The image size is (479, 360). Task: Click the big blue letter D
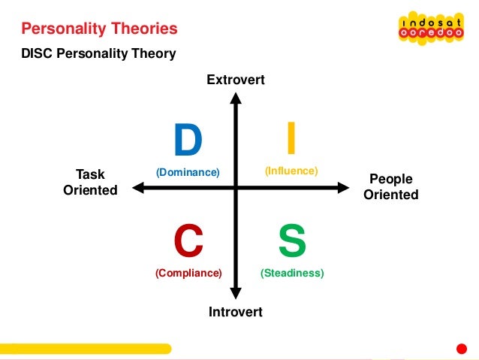coord(188,141)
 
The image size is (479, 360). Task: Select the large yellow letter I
coord(291,139)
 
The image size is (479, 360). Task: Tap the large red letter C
coord(188,241)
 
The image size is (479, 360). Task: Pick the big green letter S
coord(291,241)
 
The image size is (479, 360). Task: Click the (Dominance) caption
coord(188,173)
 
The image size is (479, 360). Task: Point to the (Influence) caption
coord(291,171)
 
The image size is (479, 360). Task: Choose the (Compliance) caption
coord(188,274)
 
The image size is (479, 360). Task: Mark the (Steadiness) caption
coord(292,274)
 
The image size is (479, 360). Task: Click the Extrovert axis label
coord(236,79)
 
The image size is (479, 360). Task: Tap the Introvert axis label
coord(236,311)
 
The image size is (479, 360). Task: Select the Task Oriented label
coord(90,182)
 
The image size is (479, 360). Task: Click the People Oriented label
coord(390,187)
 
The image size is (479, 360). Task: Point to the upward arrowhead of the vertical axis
coord(236,98)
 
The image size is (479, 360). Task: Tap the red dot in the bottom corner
coord(462,349)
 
